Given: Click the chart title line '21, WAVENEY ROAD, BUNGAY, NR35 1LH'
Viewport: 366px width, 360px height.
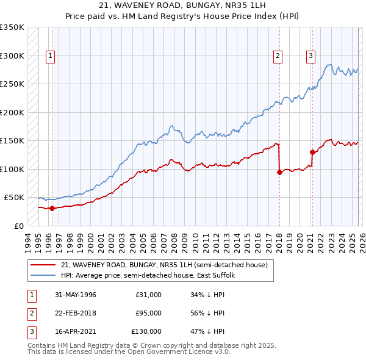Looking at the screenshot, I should [182, 5].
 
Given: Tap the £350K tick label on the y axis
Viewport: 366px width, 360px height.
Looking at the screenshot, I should [12, 27].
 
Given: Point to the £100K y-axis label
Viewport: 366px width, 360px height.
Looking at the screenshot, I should [12, 169].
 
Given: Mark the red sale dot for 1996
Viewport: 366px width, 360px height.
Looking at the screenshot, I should [52, 208].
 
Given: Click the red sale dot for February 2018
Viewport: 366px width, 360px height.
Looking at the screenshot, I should [279, 172].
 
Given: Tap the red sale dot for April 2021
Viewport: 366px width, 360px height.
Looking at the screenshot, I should [312, 152].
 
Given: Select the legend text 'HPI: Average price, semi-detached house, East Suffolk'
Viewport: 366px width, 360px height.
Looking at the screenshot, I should [148, 276].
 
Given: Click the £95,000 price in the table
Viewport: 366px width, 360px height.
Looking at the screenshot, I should [148, 313].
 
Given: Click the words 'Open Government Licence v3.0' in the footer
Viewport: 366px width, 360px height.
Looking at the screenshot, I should [182, 352].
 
